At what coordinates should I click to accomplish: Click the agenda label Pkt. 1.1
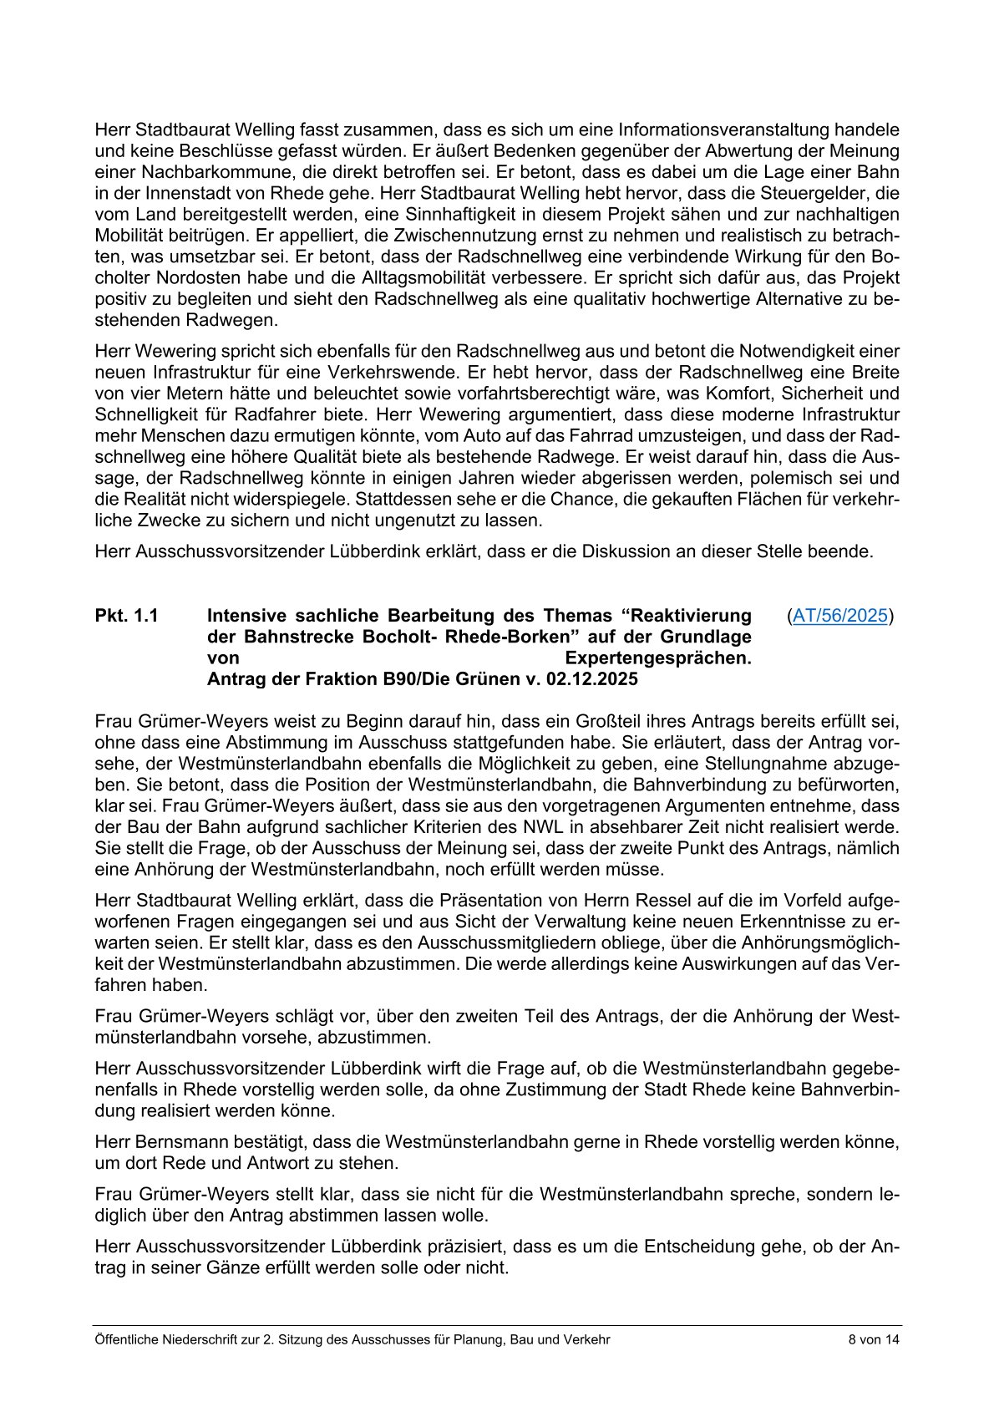127,616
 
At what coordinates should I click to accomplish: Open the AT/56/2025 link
839,616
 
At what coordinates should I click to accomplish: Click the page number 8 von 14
873,1340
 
